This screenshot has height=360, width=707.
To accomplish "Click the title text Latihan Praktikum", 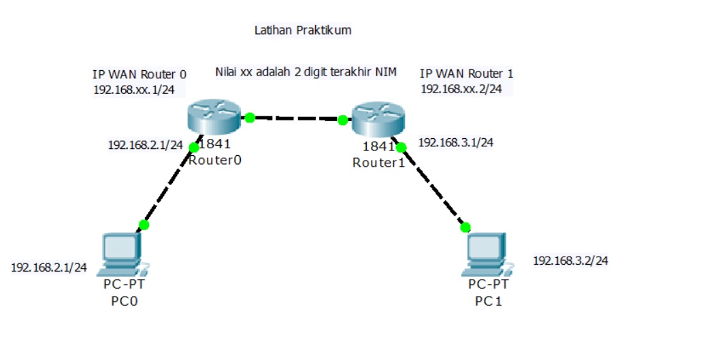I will pyautogui.click(x=303, y=31).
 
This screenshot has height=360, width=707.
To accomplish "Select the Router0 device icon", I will pyautogui.click(x=213, y=116).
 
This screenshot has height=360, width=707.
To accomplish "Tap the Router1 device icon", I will pyautogui.click(x=378, y=120).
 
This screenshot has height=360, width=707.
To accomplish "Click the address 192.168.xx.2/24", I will pyautogui.click(x=461, y=88).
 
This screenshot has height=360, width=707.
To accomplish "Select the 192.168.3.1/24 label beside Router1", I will pyautogui.click(x=455, y=143).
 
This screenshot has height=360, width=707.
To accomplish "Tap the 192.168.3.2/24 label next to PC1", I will pyautogui.click(x=570, y=261).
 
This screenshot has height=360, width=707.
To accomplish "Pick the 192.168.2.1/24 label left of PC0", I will pyautogui.click(x=49, y=267).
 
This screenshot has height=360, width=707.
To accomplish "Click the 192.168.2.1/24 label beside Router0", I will pyautogui.click(x=146, y=145).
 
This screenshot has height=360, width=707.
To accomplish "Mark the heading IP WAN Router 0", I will pyautogui.click(x=139, y=74).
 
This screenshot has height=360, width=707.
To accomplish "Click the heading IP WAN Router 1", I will pyautogui.click(x=466, y=73).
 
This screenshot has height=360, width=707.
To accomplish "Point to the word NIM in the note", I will pyautogui.click(x=387, y=71).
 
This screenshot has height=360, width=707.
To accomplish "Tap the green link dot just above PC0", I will pyautogui.click(x=144, y=225).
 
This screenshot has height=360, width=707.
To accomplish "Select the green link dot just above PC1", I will pyautogui.click(x=465, y=227).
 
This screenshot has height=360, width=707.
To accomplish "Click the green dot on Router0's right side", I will pyautogui.click(x=250, y=118).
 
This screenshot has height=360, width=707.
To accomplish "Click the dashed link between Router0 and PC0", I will pyautogui.click(x=169, y=186).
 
